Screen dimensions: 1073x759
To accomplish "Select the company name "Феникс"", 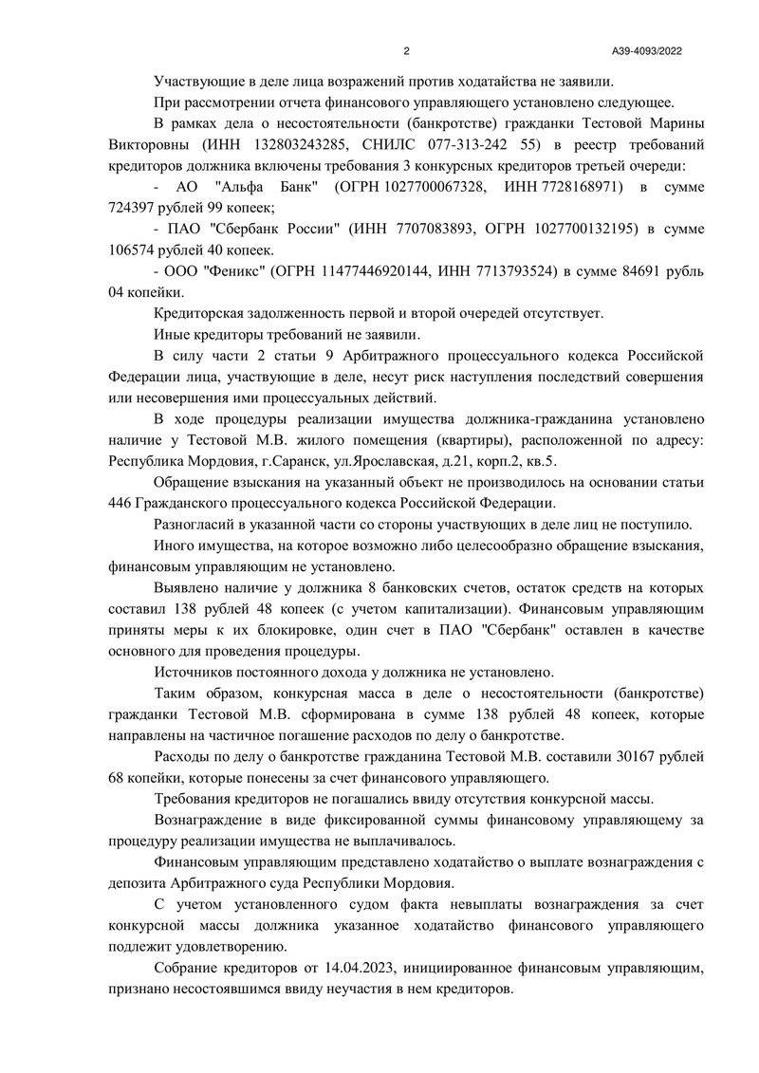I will coord(231,271).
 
